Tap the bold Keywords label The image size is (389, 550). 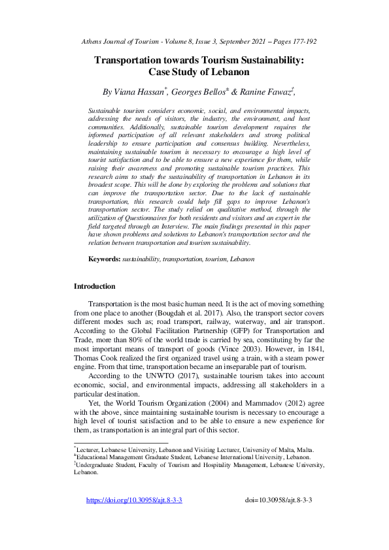click(105, 259)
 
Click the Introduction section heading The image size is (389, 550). click(94, 286)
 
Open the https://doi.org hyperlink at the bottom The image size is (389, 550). click(134, 500)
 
